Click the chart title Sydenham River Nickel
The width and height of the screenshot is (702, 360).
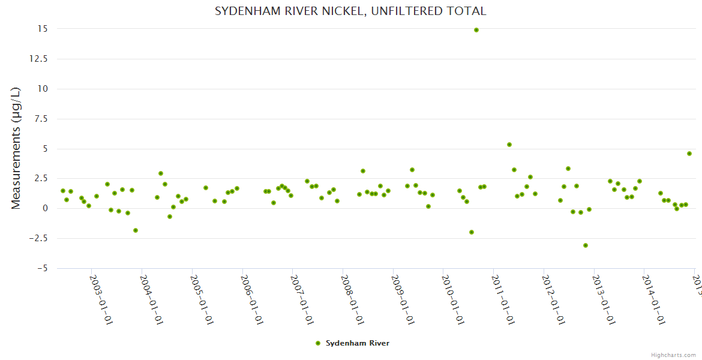coord(350,11)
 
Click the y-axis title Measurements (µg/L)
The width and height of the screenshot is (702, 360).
coord(16,148)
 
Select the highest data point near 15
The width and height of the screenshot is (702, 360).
coord(476,30)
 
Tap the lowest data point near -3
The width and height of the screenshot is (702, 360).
coord(585,245)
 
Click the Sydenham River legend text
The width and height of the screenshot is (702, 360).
coord(358,343)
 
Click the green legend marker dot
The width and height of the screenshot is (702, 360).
coord(318,343)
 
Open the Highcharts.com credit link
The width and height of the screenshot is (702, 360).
coord(674,355)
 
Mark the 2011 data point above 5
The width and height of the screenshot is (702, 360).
coord(509,145)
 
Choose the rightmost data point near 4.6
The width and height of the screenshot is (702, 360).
coord(689,154)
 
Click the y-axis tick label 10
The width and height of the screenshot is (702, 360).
coord(43,89)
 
